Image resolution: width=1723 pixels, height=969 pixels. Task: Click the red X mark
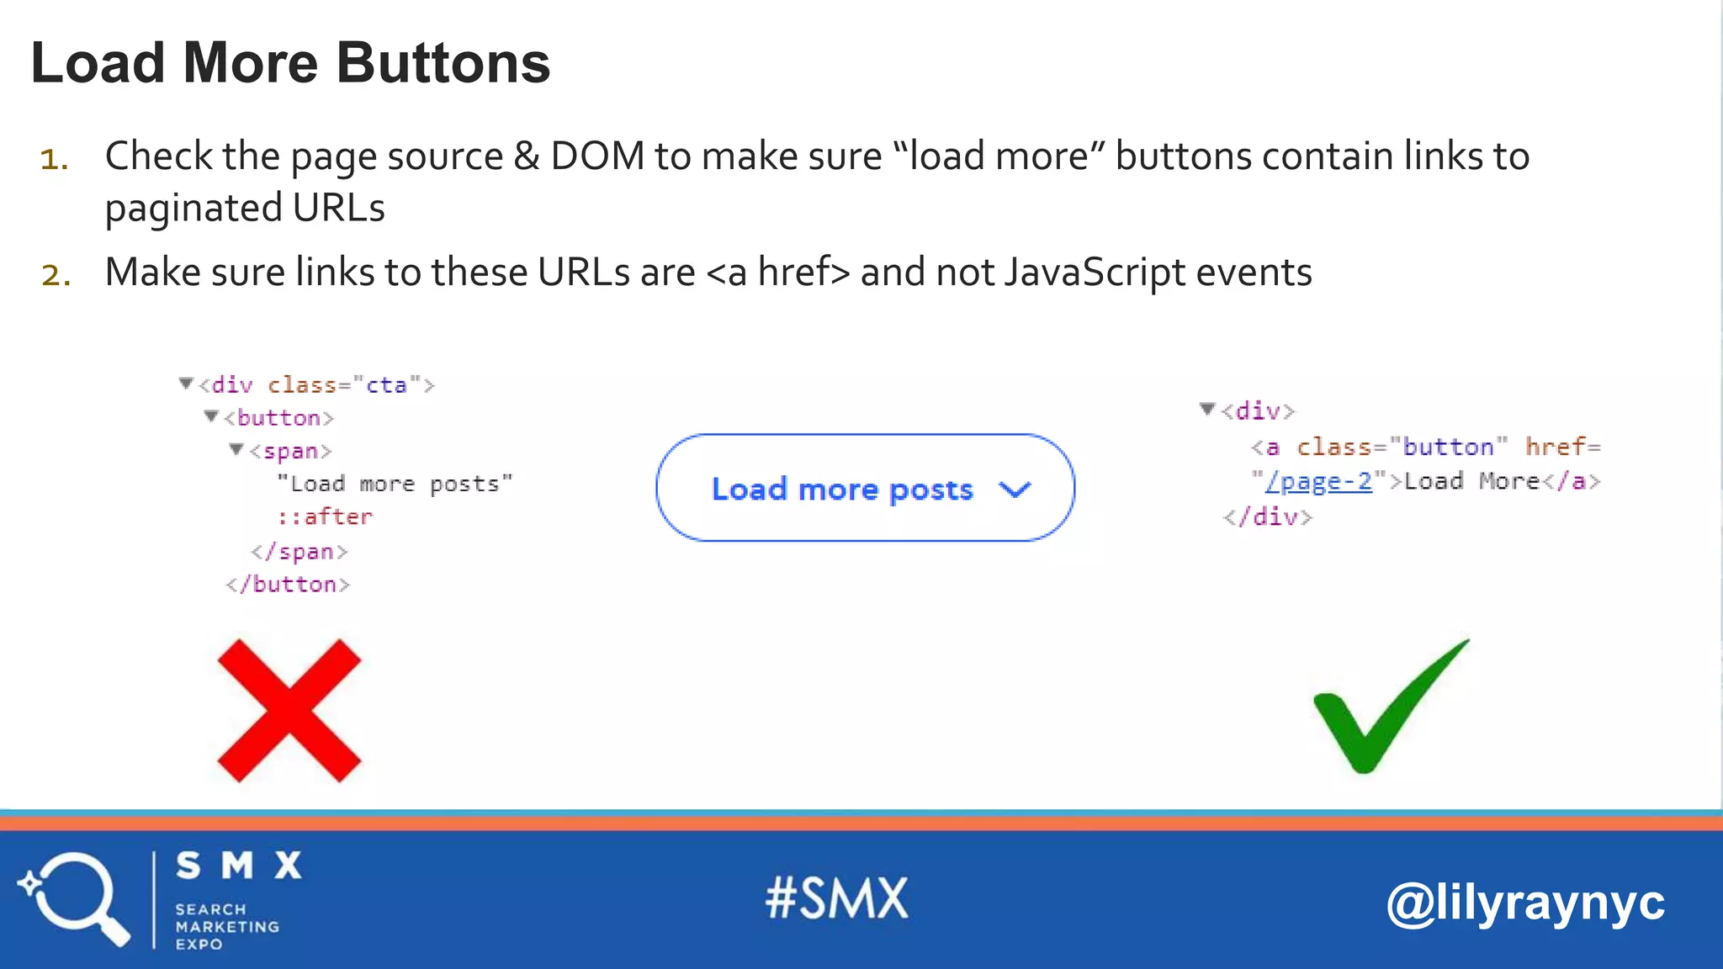pos(289,711)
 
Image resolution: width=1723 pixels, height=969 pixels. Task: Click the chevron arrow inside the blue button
pos(1015,490)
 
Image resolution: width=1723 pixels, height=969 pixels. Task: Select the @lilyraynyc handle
pos(1524,903)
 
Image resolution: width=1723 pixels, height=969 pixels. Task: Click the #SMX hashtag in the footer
pos(837,898)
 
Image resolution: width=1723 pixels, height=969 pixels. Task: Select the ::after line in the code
pos(325,516)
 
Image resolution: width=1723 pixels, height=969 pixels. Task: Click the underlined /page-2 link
pos(1319,481)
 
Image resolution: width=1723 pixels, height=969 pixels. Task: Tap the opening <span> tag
pos(291,452)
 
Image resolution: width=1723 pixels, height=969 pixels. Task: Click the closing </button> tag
pos(288,585)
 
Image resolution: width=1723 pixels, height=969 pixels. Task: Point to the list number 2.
pos(56,275)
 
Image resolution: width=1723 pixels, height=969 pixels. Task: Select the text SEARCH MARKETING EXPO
pos(226,926)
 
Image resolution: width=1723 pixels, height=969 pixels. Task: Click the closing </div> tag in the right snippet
pos(1268,516)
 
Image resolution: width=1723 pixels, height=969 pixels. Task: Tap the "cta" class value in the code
pos(386,385)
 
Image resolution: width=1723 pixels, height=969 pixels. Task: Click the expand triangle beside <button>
pos(211,416)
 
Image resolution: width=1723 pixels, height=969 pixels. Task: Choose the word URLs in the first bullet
pos(338,208)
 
